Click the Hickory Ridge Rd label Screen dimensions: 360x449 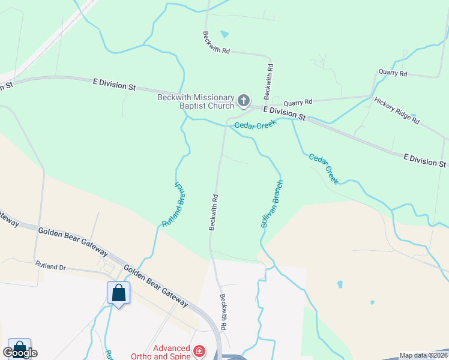(x=396, y=110)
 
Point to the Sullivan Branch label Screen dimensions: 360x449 (x=271, y=204)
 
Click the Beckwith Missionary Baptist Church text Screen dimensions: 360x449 (x=196, y=101)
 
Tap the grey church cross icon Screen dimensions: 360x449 (x=244, y=101)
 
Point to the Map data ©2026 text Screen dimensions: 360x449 (x=423, y=355)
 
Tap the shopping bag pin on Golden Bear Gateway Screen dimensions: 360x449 (x=118, y=293)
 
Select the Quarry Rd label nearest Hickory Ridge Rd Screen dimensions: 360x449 (x=393, y=73)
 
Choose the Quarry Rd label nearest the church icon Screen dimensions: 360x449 (x=298, y=102)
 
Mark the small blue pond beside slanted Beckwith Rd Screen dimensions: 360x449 (x=224, y=34)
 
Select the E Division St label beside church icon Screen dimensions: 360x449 (x=285, y=113)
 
